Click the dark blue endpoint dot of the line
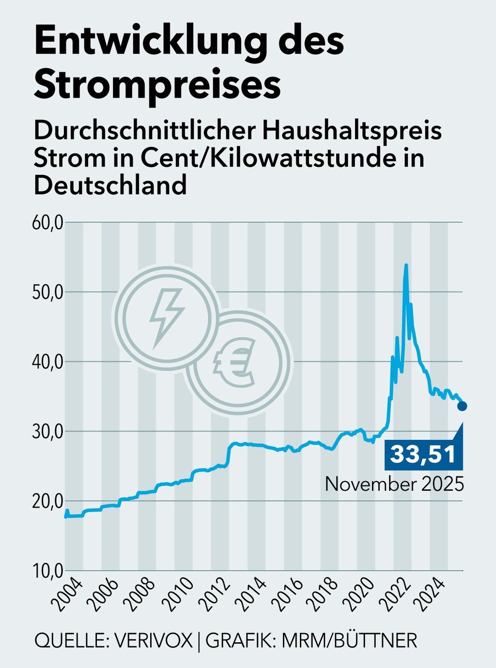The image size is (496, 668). (462, 406)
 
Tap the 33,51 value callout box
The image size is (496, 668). (423, 455)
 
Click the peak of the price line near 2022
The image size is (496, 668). (406, 265)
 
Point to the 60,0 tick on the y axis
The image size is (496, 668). (47, 223)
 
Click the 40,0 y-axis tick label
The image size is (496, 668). (47, 362)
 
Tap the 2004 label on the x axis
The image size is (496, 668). (67, 596)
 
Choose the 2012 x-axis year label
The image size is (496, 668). (214, 596)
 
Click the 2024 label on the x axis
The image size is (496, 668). (433, 596)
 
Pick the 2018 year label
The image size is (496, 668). (323, 596)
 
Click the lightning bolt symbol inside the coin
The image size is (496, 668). (166, 317)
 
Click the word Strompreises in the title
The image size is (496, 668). (157, 85)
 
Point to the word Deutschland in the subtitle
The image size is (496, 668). (110, 185)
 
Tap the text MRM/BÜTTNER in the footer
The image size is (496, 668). (349, 640)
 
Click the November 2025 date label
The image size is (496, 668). (394, 484)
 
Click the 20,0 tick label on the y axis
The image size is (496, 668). (47, 501)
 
